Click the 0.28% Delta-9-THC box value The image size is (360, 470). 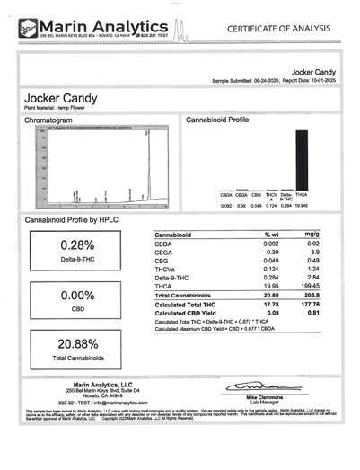(77, 245)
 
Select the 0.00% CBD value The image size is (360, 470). (77, 295)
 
